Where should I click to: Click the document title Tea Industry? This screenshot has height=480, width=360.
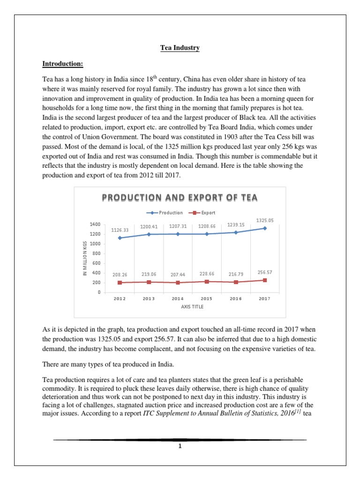coord(180,48)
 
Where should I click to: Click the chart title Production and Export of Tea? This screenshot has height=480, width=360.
coord(180,198)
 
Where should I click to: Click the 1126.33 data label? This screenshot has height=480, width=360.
coord(120,230)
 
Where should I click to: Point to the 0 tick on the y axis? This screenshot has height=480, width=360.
coord(98,292)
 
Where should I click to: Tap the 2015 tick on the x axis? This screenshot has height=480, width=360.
coord(207,299)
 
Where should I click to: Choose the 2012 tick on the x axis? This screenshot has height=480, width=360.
coord(120,299)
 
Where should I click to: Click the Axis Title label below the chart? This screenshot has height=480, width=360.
coord(192,307)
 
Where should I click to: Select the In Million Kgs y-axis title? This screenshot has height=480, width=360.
coord(85,259)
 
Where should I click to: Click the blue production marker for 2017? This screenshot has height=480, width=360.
coord(265,228)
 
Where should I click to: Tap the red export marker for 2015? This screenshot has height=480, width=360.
coord(207,281)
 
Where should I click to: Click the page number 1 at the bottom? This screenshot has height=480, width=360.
coord(180,446)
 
